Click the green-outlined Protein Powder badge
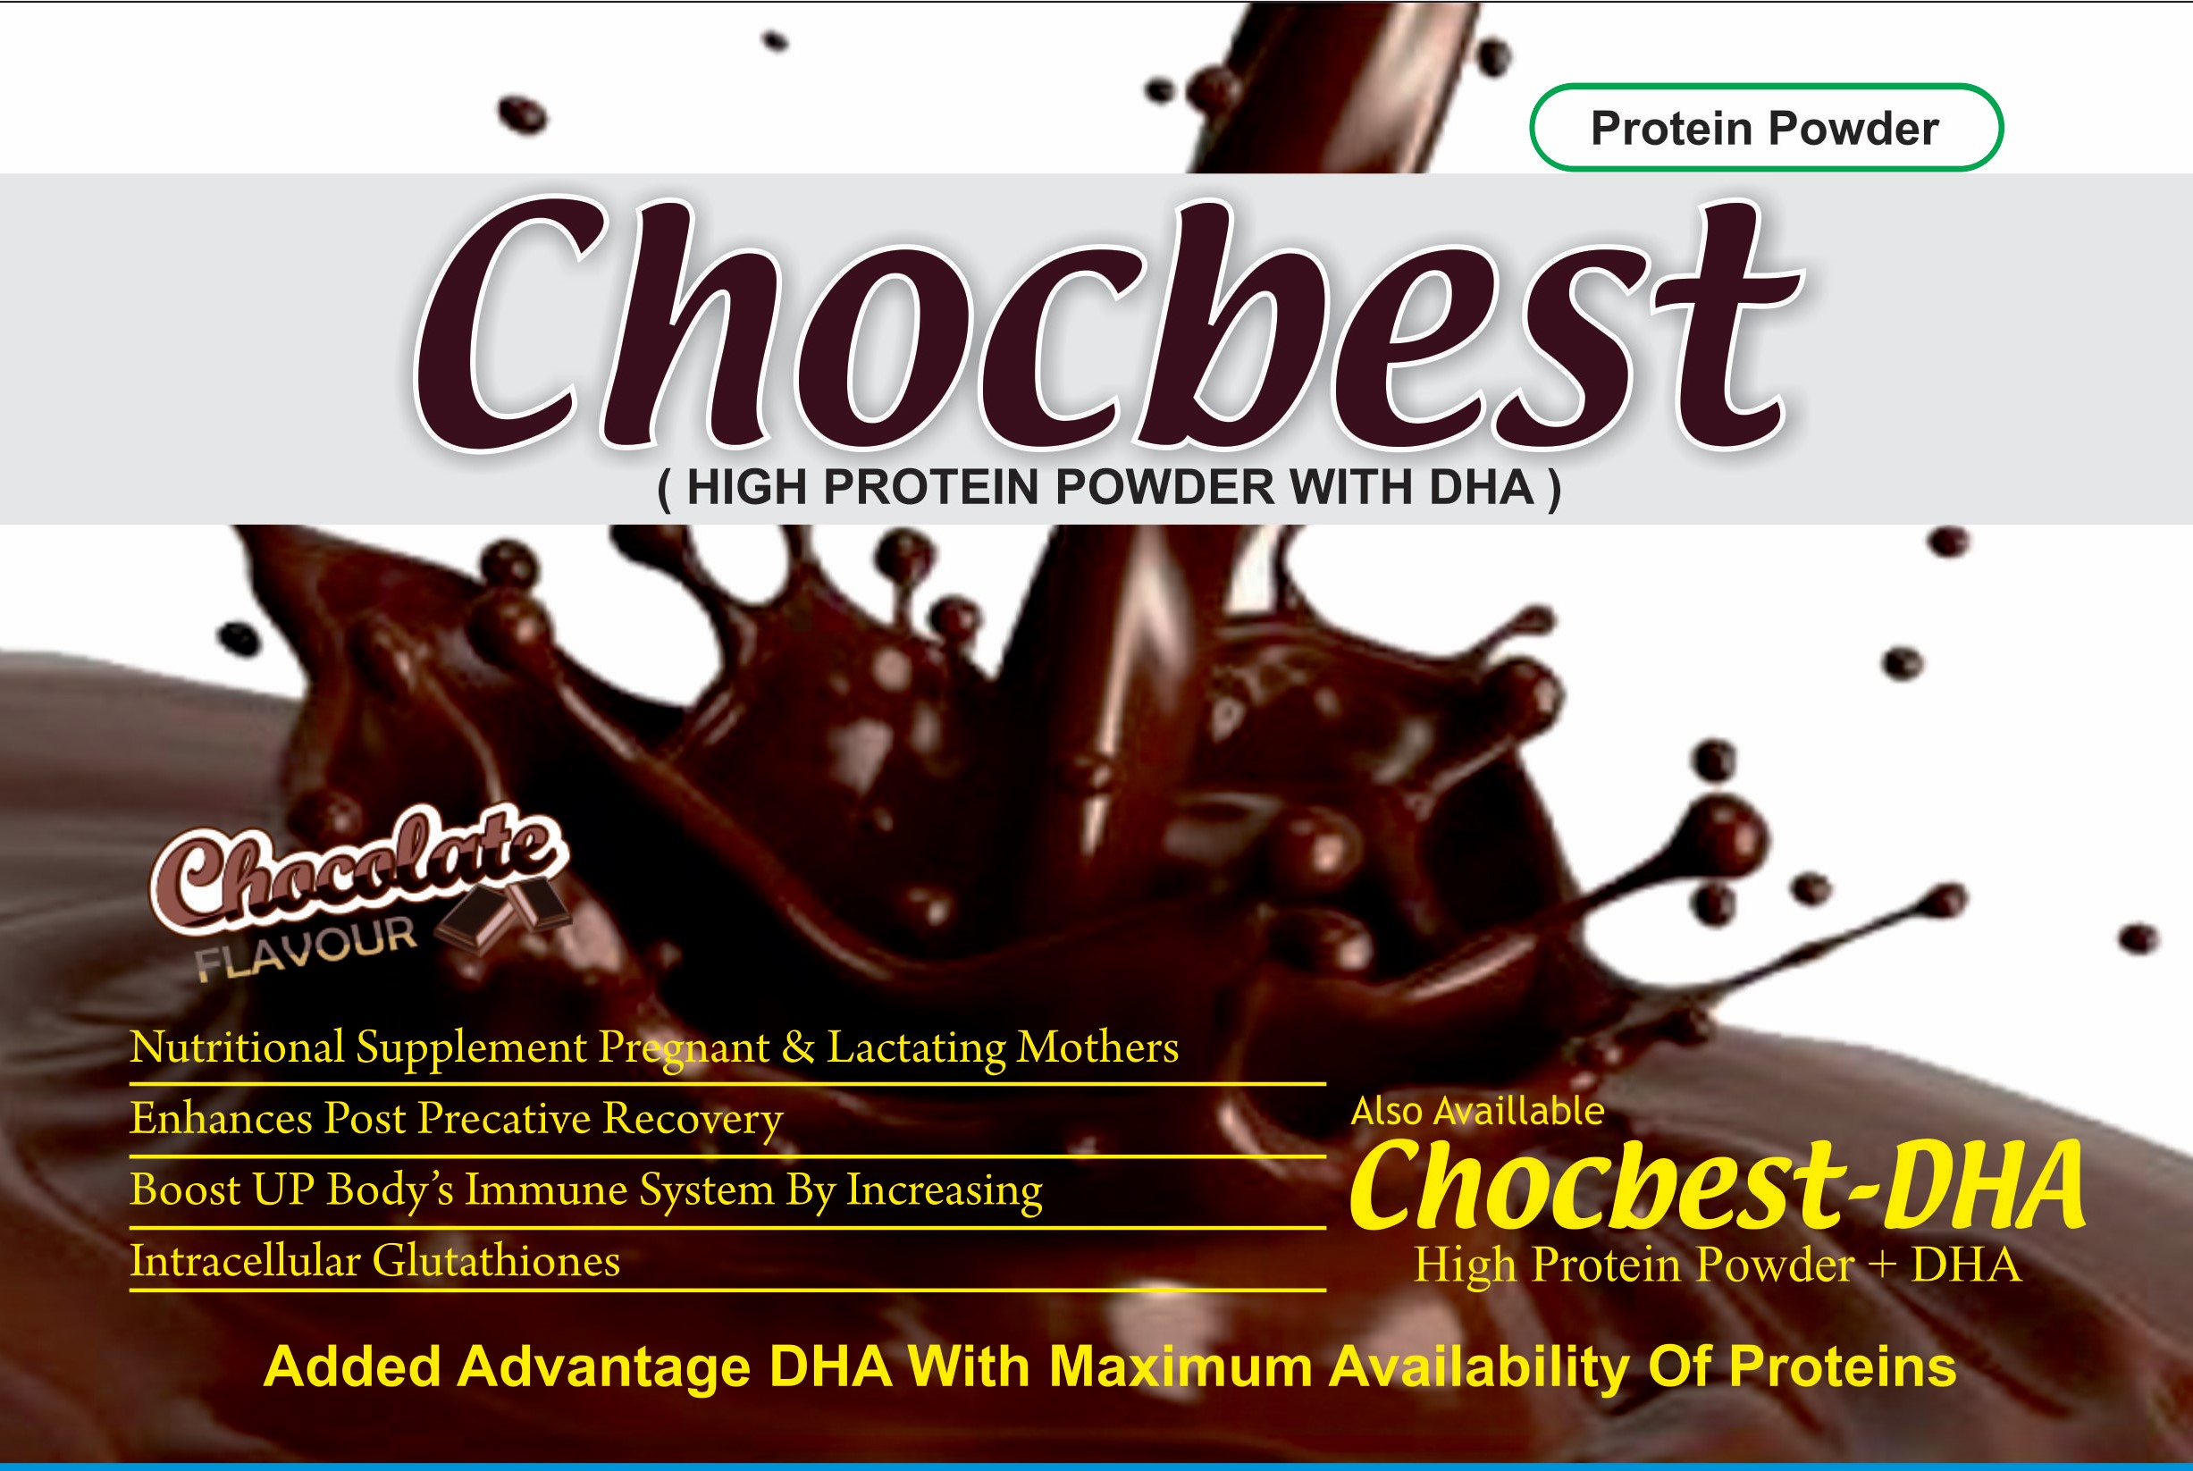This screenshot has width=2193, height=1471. pyautogui.click(x=1766, y=128)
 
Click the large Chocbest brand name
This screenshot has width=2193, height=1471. pyautogui.click(x=1107, y=324)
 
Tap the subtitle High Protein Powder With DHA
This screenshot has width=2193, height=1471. pyautogui.click(x=1110, y=488)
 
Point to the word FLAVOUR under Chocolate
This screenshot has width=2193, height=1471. pyautogui.click(x=306, y=948)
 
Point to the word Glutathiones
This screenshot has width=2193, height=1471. pyautogui.click(x=496, y=1261)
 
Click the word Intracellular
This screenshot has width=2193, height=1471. pyautogui.click(x=245, y=1261)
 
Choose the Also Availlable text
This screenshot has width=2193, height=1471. pyautogui.click(x=1477, y=1112)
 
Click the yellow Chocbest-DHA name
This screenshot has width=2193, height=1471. pyautogui.click(x=1717, y=1186)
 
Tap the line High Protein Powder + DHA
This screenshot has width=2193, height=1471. pyautogui.click(x=1718, y=1265)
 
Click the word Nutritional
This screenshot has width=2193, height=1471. pyautogui.click(x=237, y=1047)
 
